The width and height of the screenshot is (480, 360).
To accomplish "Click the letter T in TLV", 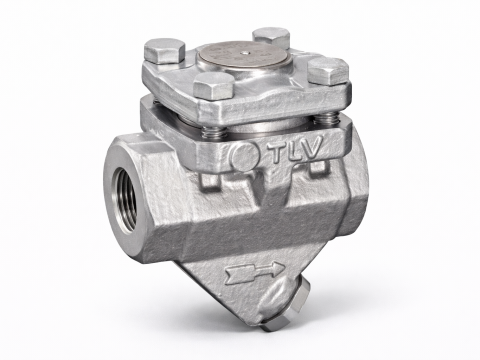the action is tap(278, 154).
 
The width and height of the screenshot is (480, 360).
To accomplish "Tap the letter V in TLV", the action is tap(313, 147).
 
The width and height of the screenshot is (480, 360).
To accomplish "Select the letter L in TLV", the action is tap(295, 152).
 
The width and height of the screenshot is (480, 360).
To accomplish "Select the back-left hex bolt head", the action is tap(165, 50).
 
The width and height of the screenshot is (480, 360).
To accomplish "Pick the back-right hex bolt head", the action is tap(271, 37).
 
